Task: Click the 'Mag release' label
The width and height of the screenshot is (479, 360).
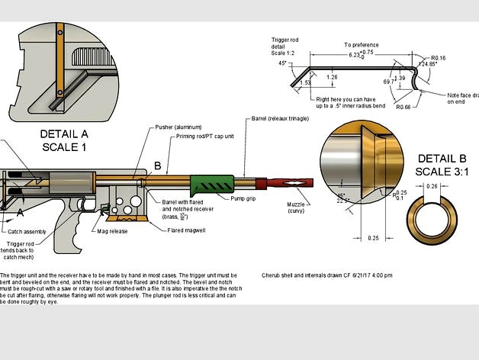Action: coord(112,230)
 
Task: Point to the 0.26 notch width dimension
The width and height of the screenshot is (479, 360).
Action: coord(431,187)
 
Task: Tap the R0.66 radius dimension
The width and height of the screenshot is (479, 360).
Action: coord(404,108)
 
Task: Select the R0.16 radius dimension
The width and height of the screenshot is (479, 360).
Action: coord(439,57)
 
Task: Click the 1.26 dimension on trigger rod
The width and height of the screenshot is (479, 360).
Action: coord(332,77)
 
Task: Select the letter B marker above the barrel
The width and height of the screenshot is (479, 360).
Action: coord(158,166)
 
